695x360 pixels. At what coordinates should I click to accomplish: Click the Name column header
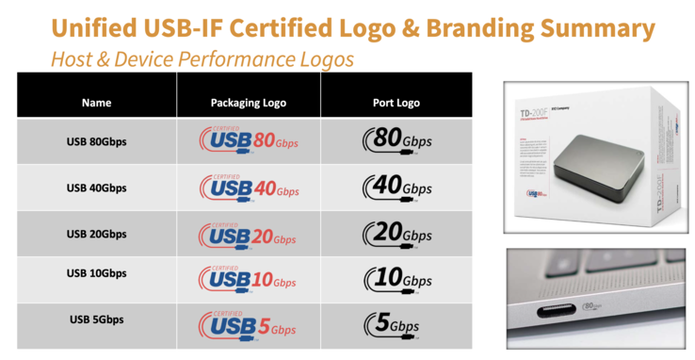pos(96,102)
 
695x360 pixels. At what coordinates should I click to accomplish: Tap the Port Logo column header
pos(396,102)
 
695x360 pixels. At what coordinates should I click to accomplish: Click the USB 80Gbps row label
pos(96,141)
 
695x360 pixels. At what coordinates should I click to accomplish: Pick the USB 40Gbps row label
pos(96,188)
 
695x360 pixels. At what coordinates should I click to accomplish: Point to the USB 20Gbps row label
pos(96,233)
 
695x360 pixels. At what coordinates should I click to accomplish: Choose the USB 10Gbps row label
pos(96,273)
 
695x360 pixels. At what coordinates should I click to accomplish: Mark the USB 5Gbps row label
pos(96,319)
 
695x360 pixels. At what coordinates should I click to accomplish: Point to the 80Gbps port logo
pos(396,141)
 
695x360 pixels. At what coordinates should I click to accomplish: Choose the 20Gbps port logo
pos(396,233)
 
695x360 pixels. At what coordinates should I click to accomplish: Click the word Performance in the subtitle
pos(221,57)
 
